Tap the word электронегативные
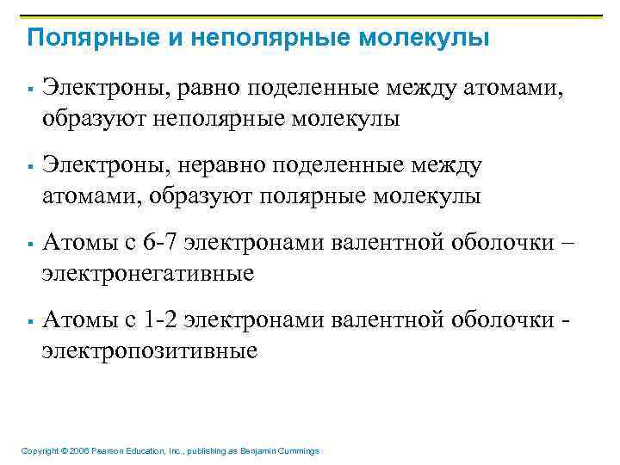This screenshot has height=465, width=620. [149, 273]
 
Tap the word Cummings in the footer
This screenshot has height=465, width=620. [298, 451]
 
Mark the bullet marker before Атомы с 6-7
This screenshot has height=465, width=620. [29, 244]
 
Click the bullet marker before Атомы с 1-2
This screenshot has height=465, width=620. [29, 321]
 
